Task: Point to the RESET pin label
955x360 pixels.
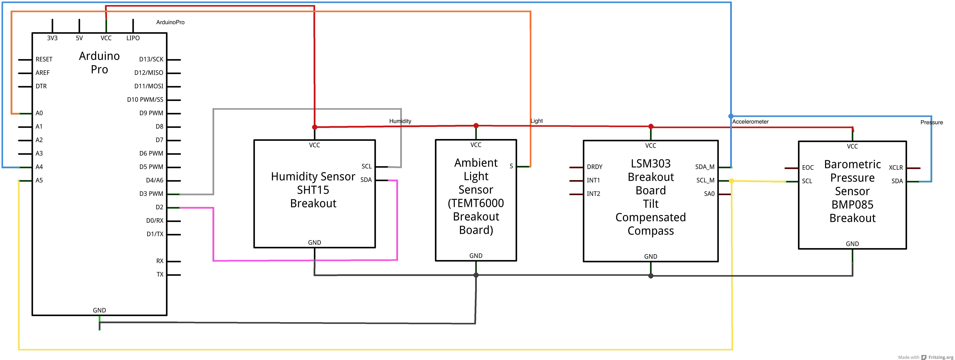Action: pos(44,59)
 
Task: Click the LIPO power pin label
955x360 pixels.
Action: pos(133,38)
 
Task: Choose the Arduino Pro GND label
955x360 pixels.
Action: pos(99,310)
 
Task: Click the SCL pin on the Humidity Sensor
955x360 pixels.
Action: pos(366,166)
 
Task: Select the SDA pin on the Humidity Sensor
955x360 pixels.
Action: pos(366,180)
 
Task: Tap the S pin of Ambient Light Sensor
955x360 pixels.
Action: pos(511,166)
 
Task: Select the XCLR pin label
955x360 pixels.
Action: pos(896,168)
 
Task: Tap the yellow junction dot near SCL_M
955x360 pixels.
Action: pos(732,181)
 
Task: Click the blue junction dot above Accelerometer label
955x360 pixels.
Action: pos(731,116)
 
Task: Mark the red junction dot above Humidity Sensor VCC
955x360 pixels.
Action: pos(314,127)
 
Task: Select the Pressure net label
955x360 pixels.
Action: pos(931,122)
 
